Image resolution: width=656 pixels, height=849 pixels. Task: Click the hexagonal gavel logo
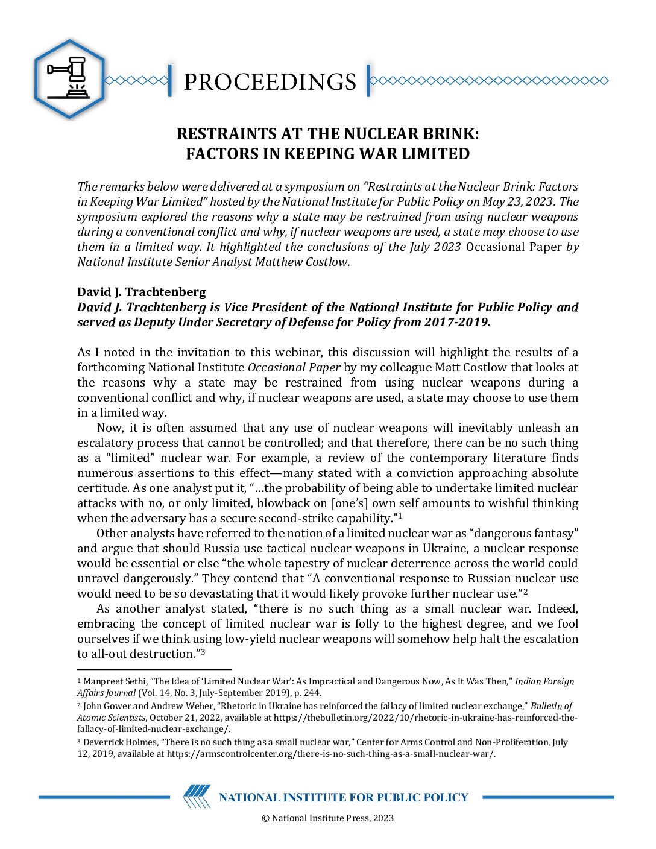click(x=69, y=78)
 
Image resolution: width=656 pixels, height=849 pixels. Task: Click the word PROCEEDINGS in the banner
click(x=270, y=81)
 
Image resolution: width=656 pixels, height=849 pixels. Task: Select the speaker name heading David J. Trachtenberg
click(x=142, y=292)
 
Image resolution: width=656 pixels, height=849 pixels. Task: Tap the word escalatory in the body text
click(x=107, y=443)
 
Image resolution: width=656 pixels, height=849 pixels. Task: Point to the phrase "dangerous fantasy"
click(x=523, y=534)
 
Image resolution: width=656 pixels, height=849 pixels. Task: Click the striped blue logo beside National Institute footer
click(x=197, y=797)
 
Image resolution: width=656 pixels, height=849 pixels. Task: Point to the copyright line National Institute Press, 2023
click(x=327, y=818)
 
